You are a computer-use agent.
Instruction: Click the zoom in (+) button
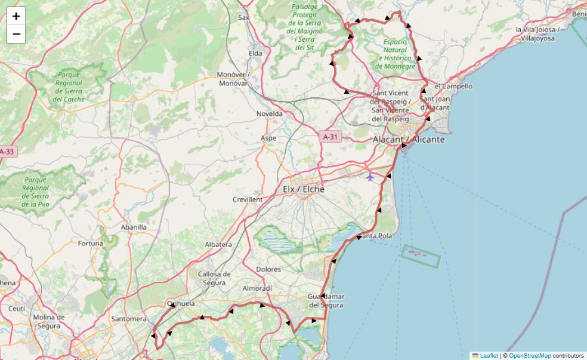tap(16, 16)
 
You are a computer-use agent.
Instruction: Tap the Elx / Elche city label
tap(304, 189)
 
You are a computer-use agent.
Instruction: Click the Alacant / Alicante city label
tap(409, 139)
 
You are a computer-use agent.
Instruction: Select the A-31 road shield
tap(330, 137)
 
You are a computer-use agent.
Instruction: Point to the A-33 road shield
tap(7, 152)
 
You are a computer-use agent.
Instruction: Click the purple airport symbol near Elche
tap(370, 177)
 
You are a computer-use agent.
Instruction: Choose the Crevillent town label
tap(248, 199)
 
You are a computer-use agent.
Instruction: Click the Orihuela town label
tap(181, 303)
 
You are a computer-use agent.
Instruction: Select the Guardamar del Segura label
tap(326, 301)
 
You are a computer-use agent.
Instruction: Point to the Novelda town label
tap(269, 113)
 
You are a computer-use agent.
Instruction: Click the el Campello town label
tap(454, 86)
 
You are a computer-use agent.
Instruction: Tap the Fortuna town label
tap(91, 244)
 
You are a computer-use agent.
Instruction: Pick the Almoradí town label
tap(257, 288)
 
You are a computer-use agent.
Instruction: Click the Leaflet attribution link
tap(489, 355)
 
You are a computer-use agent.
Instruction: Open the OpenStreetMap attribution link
tap(530, 355)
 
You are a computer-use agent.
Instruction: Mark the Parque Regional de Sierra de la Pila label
tap(35, 192)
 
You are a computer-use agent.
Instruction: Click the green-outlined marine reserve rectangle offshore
tap(421, 256)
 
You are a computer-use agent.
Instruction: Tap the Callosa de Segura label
tap(214, 278)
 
